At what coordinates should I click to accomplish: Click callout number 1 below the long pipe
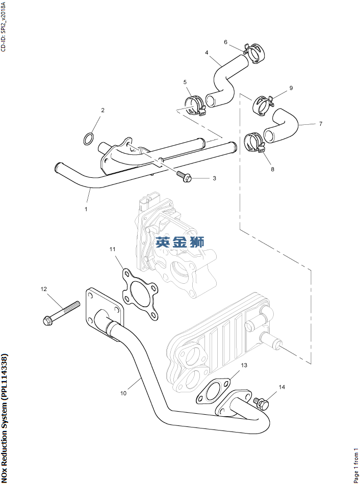click(x=86, y=209)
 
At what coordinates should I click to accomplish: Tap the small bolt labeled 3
click(x=184, y=176)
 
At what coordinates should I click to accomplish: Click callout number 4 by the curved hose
click(x=207, y=52)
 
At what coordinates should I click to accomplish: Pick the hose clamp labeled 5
click(x=194, y=104)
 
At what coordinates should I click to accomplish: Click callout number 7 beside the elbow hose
click(x=321, y=124)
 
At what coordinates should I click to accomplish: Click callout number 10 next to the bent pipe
click(x=123, y=393)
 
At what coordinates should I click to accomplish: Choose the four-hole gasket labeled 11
click(x=139, y=294)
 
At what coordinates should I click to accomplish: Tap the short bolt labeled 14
click(x=262, y=404)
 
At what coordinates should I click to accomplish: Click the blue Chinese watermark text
click(x=180, y=242)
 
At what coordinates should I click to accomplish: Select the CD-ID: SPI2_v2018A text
click(x=4, y=26)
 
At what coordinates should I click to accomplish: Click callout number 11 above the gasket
click(x=112, y=249)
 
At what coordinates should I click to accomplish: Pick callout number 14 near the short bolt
click(x=282, y=387)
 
